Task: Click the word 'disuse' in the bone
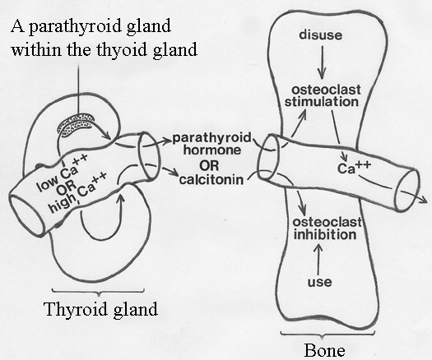pyautogui.click(x=321, y=35)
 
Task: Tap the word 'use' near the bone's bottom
pyautogui.click(x=319, y=282)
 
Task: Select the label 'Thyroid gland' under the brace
pyautogui.click(x=101, y=310)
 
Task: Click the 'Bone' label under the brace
pyautogui.click(x=324, y=350)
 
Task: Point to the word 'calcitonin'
pyautogui.click(x=211, y=180)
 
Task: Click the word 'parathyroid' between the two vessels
pyautogui.click(x=211, y=138)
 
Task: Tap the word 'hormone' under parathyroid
pyautogui.click(x=212, y=150)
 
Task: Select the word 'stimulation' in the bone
pyautogui.click(x=322, y=102)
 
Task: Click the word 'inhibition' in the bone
pyautogui.click(x=325, y=235)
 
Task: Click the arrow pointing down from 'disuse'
pyautogui.click(x=322, y=62)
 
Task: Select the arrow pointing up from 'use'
pyautogui.click(x=319, y=261)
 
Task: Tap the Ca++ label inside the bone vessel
pyautogui.click(x=354, y=168)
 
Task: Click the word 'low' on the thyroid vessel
pyautogui.click(x=48, y=183)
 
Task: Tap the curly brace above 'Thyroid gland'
pyautogui.click(x=98, y=292)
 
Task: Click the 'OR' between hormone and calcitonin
pyautogui.click(x=209, y=166)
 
